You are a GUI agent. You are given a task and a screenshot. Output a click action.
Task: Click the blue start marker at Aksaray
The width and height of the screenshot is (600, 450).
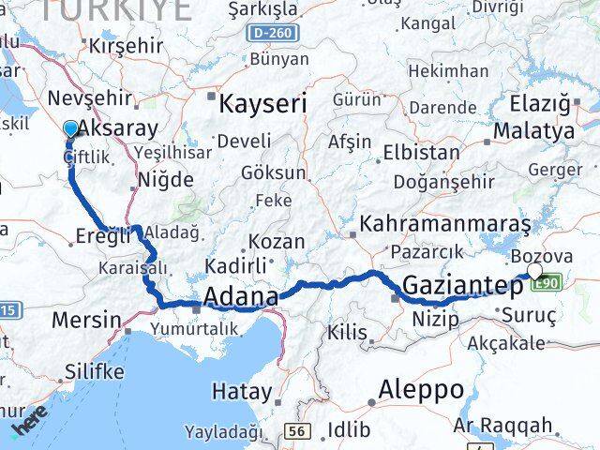[x=71, y=130]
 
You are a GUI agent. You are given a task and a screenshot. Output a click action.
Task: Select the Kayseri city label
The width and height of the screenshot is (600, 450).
[x=262, y=103]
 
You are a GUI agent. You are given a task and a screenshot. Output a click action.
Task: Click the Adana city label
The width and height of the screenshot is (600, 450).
[x=241, y=298]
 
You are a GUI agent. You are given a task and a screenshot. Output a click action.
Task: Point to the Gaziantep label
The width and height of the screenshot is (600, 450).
[x=462, y=285]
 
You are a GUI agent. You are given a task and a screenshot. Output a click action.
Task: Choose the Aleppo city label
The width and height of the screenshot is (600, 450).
[x=421, y=389]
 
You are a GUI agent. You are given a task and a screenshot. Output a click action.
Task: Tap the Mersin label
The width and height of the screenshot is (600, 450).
[x=86, y=320]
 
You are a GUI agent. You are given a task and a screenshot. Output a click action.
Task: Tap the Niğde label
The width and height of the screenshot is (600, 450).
[x=165, y=180]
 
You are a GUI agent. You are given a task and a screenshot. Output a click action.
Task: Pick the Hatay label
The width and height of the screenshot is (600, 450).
[x=241, y=392]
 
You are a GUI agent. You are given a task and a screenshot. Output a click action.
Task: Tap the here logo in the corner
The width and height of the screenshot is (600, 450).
[x=28, y=427]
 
